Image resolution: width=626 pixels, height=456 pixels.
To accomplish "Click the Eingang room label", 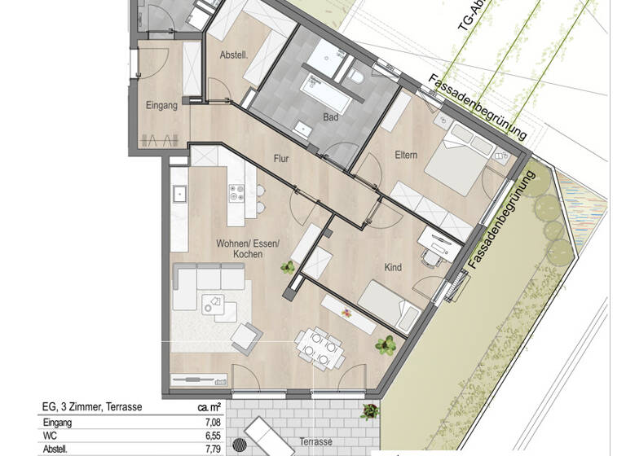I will [161, 105].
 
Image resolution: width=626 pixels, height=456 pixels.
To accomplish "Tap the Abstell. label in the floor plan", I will [234, 55].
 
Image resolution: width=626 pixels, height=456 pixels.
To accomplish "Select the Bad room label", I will [330, 117].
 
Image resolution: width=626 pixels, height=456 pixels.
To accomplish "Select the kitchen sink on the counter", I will [179, 194].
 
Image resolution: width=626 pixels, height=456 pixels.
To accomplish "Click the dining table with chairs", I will [316, 346].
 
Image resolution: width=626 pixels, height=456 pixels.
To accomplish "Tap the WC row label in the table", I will [49, 436].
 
